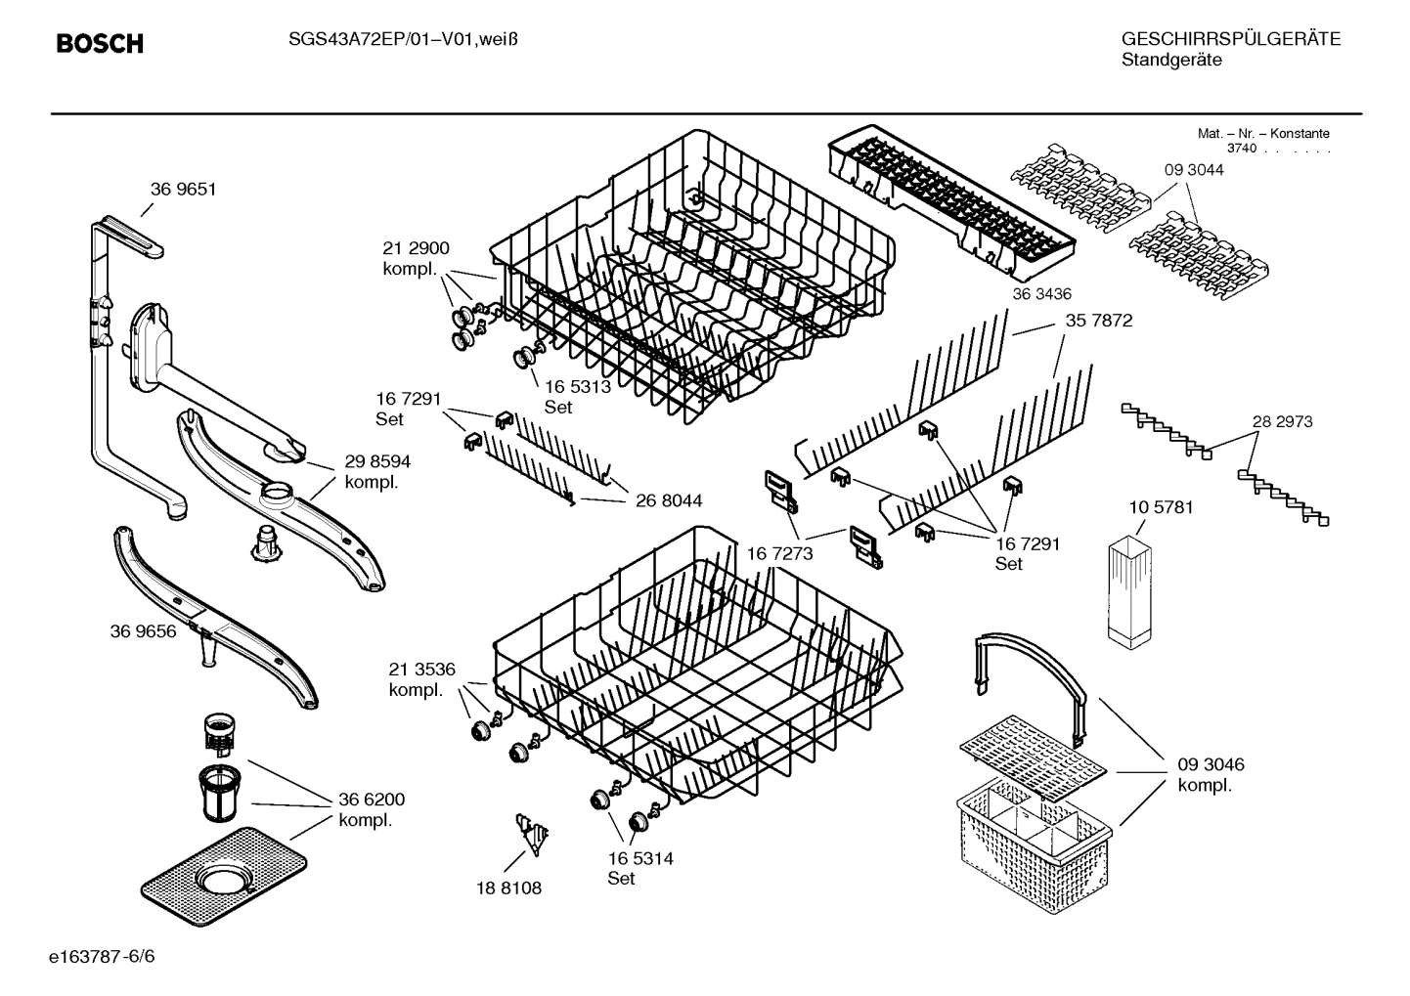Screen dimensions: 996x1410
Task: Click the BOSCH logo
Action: (100, 44)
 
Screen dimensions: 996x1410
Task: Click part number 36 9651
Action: (183, 190)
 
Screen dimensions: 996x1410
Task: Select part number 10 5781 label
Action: (1161, 508)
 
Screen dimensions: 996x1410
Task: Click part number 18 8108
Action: (508, 888)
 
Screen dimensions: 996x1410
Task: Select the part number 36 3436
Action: (1042, 294)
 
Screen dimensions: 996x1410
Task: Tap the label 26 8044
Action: (669, 500)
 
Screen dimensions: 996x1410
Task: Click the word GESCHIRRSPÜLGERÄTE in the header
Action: (1230, 39)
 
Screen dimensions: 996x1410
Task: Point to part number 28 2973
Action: (1282, 422)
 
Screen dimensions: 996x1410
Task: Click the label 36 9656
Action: (143, 631)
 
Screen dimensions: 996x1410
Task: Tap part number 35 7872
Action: (1099, 321)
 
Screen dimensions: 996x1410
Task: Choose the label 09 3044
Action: (1193, 170)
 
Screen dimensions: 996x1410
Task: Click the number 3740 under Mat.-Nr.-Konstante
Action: (1242, 149)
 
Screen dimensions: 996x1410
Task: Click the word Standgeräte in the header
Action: (1171, 61)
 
